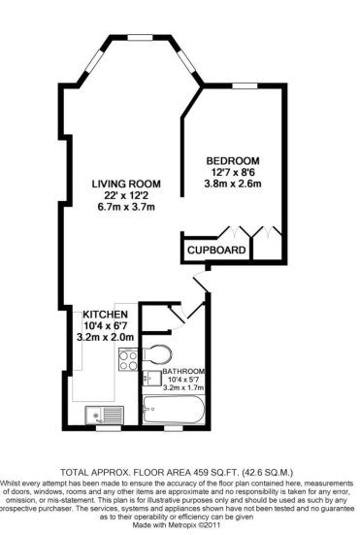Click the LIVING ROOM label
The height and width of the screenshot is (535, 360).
(x=126, y=184)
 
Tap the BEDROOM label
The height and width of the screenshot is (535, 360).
(x=233, y=161)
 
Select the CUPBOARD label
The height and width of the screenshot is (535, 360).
(x=216, y=251)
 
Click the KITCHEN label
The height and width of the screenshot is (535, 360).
(x=106, y=315)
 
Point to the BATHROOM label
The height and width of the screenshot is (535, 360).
(x=183, y=371)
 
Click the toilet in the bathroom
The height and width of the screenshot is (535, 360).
(x=157, y=354)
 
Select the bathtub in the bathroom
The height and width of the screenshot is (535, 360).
(x=174, y=410)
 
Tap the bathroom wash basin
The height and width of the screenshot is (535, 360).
(x=152, y=379)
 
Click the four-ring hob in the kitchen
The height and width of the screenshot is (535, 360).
(x=128, y=360)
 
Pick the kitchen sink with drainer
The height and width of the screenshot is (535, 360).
(x=105, y=415)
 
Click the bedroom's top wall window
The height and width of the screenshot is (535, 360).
(x=245, y=86)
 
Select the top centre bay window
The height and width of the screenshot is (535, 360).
(x=140, y=38)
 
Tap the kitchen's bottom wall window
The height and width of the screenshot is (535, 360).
(x=109, y=428)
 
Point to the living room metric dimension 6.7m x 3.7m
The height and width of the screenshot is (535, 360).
(x=126, y=207)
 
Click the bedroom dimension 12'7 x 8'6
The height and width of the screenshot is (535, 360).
(x=233, y=172)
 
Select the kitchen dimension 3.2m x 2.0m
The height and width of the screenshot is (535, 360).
(x=106, y=337)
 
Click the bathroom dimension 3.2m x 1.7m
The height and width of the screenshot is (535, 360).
(x=183, y=387)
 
